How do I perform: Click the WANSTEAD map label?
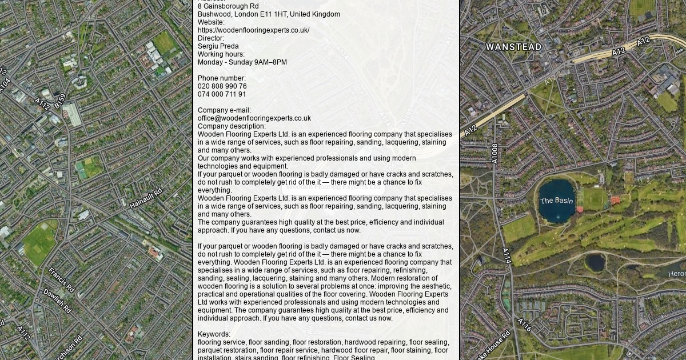coord(513,47)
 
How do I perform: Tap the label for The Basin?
coord(556,201)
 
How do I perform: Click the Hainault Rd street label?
coord(146,198)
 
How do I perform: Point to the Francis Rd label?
coord(61,279)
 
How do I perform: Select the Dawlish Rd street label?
coord(57,301)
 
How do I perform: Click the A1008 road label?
coord(495,153)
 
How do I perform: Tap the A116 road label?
coord(525,325)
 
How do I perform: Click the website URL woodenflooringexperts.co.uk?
coord(253,30)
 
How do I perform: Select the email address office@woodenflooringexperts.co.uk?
coord(254,118)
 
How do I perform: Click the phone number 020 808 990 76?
coord(222,86)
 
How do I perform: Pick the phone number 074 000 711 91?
coord(222,94)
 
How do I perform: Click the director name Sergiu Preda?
coord(218,46)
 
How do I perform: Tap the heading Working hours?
coord(221,54)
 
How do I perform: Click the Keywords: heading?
coord(214,334)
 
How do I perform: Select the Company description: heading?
coord(232,126)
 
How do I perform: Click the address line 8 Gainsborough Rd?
coord(228,6)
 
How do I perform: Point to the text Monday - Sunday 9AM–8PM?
coord(242,62)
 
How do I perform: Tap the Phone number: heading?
coord(222,78)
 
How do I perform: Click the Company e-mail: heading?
coord(224,110)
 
